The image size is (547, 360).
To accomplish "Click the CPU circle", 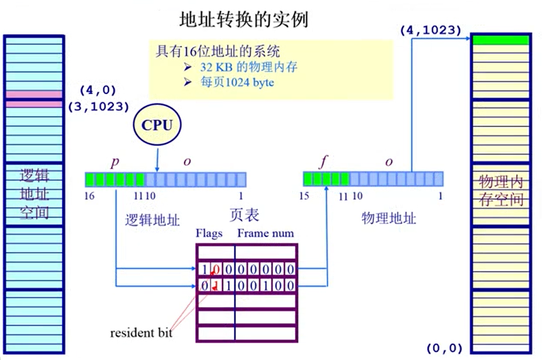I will coord(157,125).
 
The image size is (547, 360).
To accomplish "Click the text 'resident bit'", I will coord(141,333).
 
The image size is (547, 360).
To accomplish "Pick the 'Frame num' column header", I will coord(265,234).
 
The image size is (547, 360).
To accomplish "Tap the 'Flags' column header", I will coord(209,234).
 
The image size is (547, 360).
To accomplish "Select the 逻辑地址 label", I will coord(152,220).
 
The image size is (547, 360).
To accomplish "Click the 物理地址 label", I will coord(388,218).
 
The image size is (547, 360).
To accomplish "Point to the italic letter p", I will coord(115,162).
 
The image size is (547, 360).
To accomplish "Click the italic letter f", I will coord(323,162).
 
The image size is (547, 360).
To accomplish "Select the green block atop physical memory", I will coord(500,40).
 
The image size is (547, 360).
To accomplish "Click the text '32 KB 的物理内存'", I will coord(249,67).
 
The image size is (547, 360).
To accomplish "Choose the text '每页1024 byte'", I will coord(237,82).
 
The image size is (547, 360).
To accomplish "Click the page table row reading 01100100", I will coord(247,284).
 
